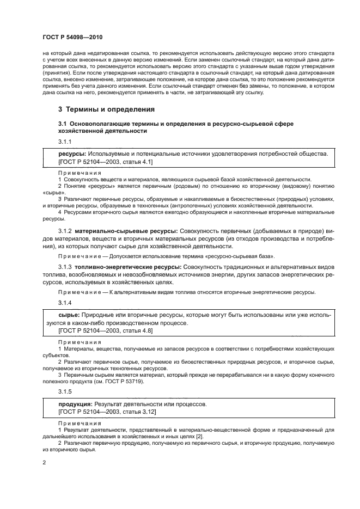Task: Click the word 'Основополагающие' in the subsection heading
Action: click(x=106, y=125)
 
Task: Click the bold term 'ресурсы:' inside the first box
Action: click(x=72, y=154)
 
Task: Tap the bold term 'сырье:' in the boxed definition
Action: click(x=69, y=315)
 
